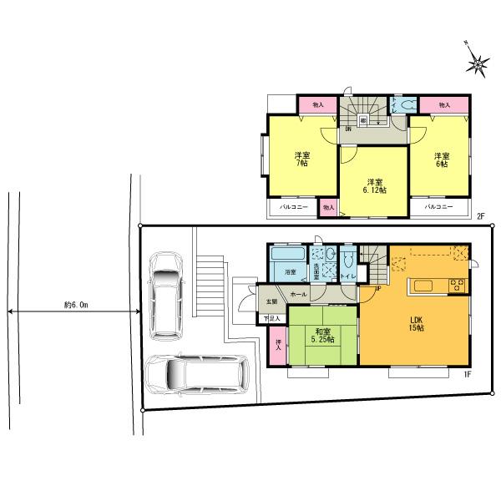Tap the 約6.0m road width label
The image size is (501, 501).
tap(74, 306)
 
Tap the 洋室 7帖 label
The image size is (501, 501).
tap(301, 159)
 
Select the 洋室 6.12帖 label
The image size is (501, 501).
tap(373, 186)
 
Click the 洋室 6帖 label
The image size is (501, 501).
tap(442, 159)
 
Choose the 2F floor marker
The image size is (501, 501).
tap(480, 216)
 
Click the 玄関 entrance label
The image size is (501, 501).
tap(271, 301)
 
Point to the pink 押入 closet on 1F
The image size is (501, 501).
tap(277, 342)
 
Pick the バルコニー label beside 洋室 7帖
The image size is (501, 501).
tap(292, 206)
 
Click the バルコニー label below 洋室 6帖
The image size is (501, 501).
tap(438, 206)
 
